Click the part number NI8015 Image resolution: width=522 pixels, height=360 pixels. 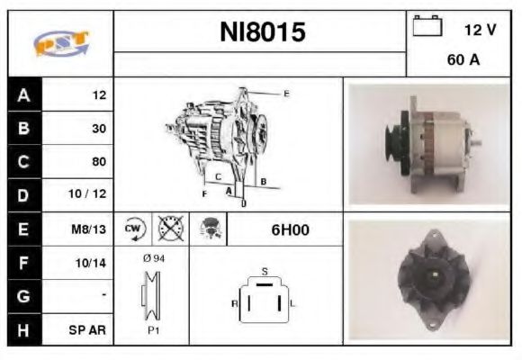coord(263,33)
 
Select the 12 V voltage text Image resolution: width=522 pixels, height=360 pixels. coord(480,30)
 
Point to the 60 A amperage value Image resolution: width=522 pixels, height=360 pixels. coord(462,62)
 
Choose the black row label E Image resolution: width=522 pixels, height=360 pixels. coord(23,229)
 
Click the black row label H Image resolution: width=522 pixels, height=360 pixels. coord(23,329)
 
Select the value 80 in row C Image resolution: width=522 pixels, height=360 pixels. coord(98,162)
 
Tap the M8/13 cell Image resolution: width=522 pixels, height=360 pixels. coord(90,229)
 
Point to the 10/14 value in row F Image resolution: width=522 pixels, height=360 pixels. coord(92,263)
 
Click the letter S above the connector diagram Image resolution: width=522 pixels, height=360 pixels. coord(264,270)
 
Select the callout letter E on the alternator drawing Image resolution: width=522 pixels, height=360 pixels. coord(286,94)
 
